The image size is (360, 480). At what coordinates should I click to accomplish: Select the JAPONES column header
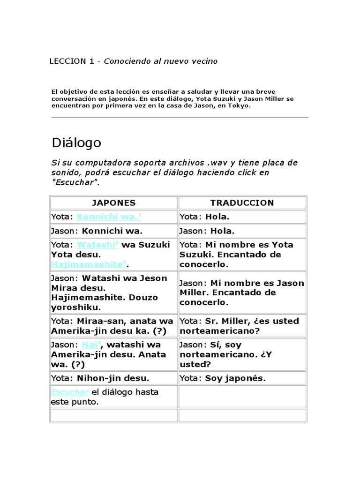pyautogui.click(x=113, y=203)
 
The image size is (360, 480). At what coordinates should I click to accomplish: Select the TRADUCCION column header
pyautogui.click(x=242, y=203)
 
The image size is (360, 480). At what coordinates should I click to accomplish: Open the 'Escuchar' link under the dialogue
pyautogui.click(x=70, y=392)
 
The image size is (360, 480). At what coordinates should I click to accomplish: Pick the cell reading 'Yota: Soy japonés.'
pyautogui.click(x=242, y=378)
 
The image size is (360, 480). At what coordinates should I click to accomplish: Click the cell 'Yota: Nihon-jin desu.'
pyautogui.click(x=113, y=378)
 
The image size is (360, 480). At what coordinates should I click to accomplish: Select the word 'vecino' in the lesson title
pyautogui.click(x=204, y=61)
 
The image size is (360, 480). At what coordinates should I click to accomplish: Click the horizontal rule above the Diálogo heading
pyautogui.click(x=179, y=117)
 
